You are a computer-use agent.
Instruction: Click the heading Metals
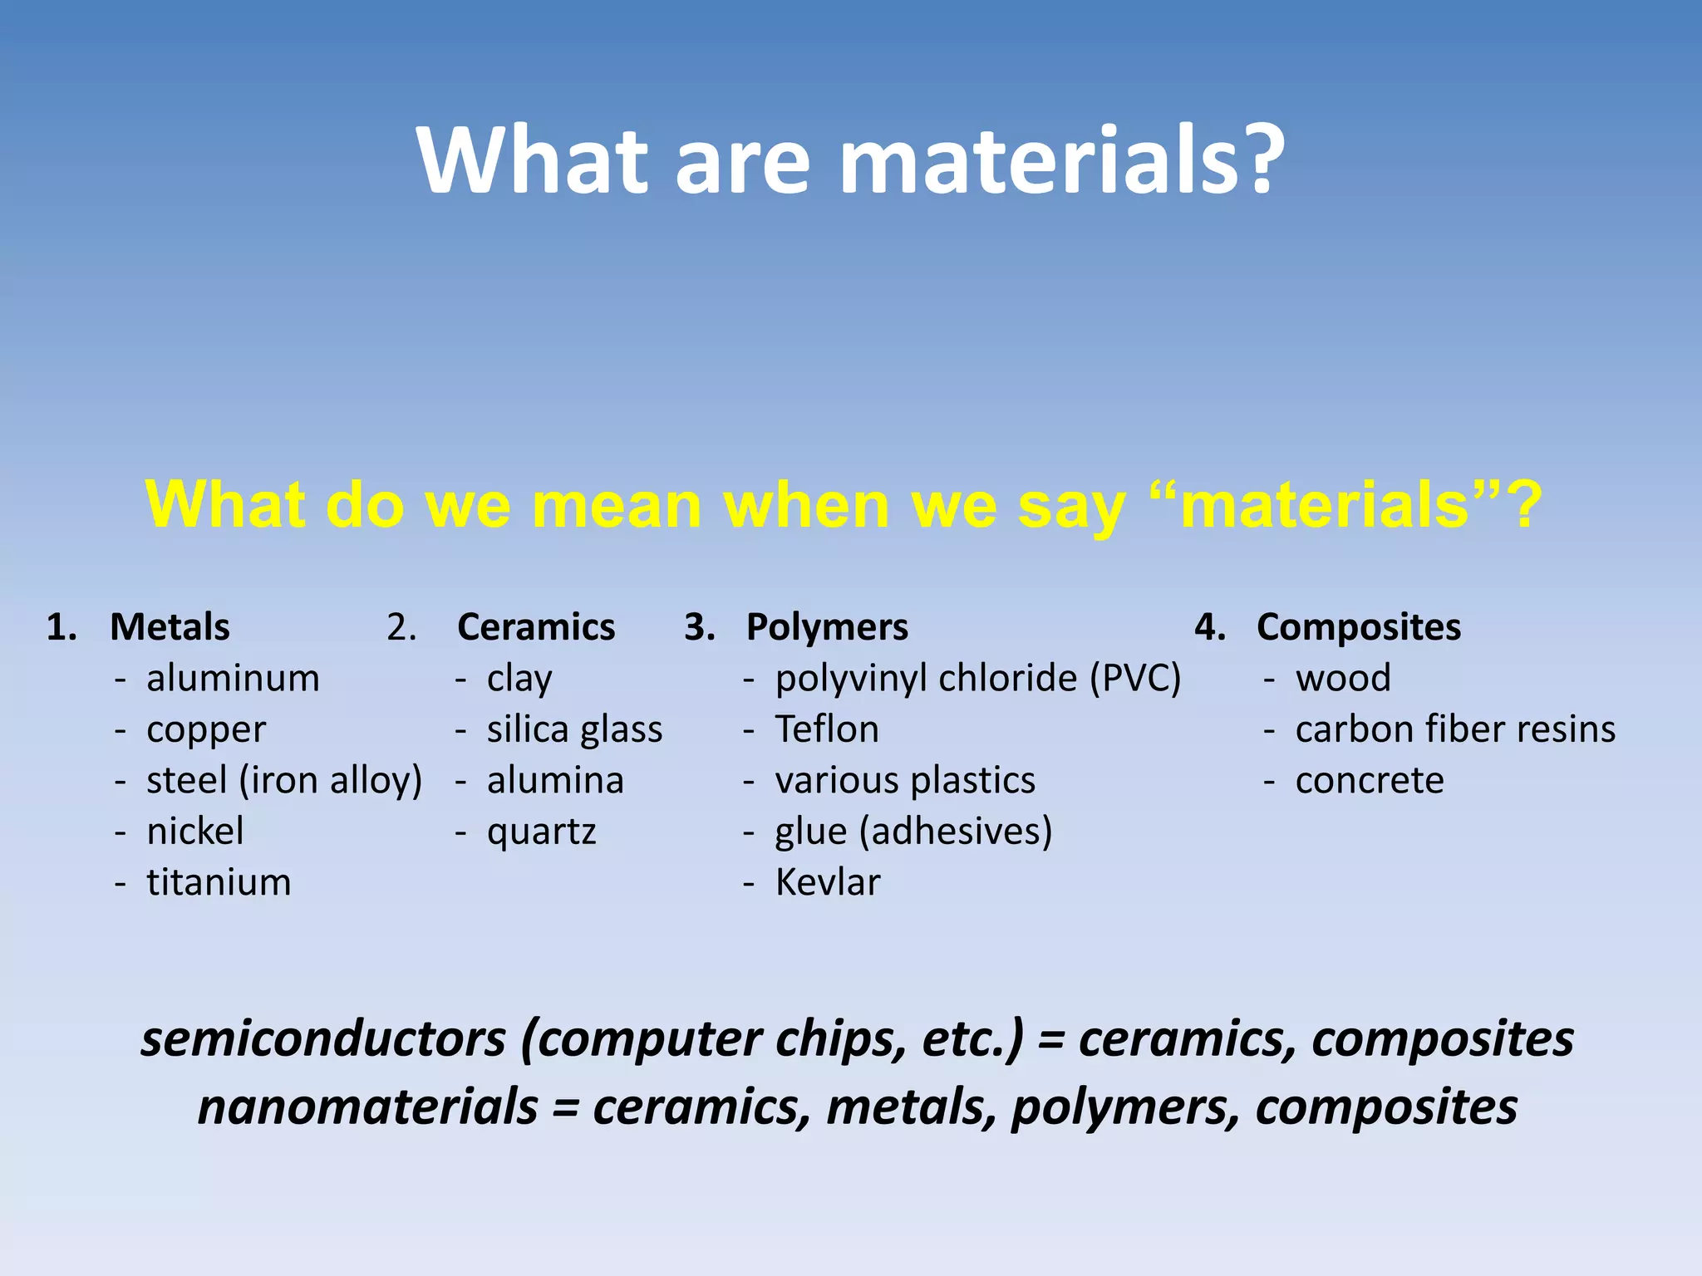click(x=170, y=627)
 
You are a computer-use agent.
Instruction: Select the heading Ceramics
click(x=536, y=627)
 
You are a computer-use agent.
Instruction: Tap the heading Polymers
click(x=827, y=627)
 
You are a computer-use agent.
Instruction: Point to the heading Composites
click(x=1358, y=627)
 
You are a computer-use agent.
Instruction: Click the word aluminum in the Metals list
click(x=233, y=679)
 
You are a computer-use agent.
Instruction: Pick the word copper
click(x=206, y=730)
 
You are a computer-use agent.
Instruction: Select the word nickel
click(x=195, y=832)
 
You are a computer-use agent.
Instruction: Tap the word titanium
click(x=219, y=882)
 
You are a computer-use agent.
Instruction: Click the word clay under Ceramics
click(x=519, y=679)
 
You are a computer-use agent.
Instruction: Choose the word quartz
click(x=541, y=832)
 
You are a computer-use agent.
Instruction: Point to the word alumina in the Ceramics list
click(x=555, y=781)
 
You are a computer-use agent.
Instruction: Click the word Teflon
click(x=827, y=729)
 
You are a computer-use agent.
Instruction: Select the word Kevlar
click(x=827, y=882)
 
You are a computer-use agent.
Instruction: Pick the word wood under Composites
click(x=1343, y=679)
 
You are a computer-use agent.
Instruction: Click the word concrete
click(x=1370, y=781)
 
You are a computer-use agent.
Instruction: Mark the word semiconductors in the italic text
click(x=323, y=1039)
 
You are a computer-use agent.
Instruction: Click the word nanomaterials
click(x=367, y=1107)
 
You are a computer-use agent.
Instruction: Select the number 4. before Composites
click(x=1209, y=627)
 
